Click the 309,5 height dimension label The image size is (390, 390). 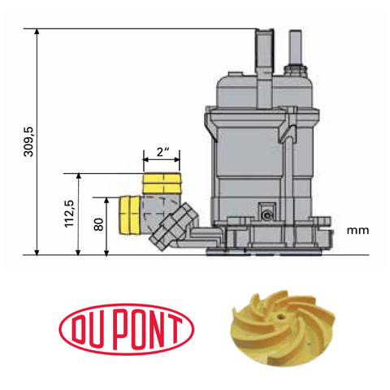coord(27,145)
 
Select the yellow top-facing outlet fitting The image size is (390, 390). coord(162,183)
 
